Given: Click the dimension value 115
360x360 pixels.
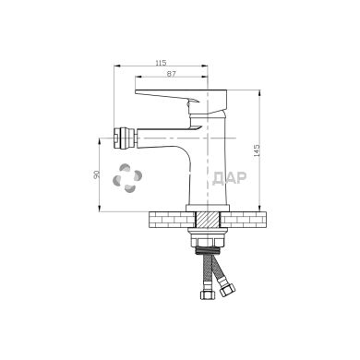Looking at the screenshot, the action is click(x=161, y=63).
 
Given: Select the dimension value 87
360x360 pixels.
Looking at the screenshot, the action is click(x=171, y=74).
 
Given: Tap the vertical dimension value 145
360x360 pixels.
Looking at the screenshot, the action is click(x=257, y=150).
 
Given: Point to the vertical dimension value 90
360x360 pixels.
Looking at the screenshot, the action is click(x=97, y=174).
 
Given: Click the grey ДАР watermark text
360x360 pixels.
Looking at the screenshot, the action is click(x=230, y=178).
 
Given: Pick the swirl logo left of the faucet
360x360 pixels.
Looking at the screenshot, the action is click(x=127, y=178).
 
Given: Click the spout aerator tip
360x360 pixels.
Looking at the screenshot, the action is click(x=125, y=138).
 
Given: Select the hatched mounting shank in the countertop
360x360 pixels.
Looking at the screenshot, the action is click(x=208, y=220).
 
